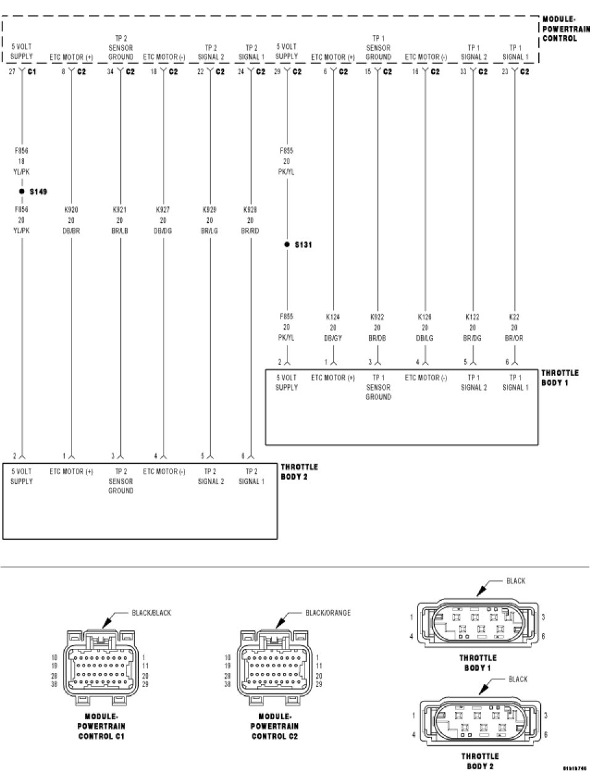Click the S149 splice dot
coord(22,191)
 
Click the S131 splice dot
coord(287,245)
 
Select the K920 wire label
coord(71,210)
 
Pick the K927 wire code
coord(163,210)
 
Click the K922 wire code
coord(377,317)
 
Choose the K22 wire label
coord(514,317)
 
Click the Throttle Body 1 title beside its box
coord(559,378)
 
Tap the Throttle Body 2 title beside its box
coord(299,472)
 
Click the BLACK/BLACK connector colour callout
coord(151,612)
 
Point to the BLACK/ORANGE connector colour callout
coord(327,612)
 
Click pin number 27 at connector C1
coord(12,72)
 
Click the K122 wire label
coord(472,317)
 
